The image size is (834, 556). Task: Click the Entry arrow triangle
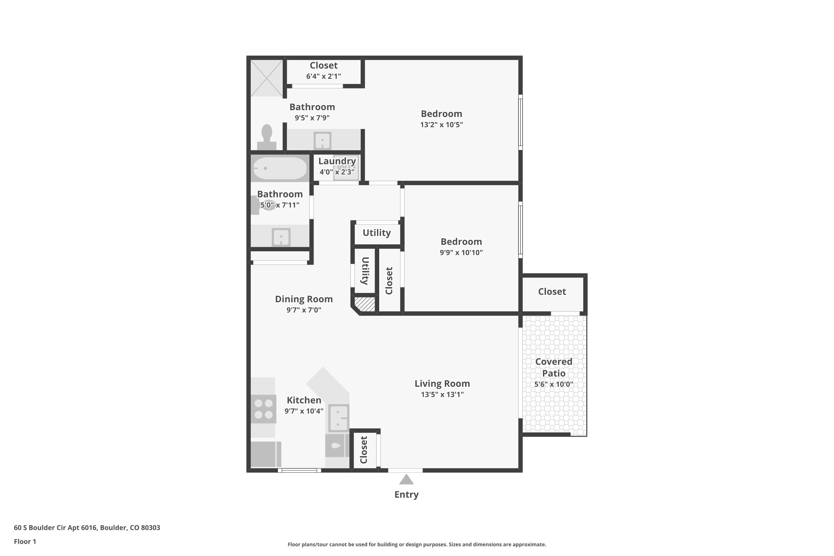point(406,480)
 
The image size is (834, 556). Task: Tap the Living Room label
point(442,384)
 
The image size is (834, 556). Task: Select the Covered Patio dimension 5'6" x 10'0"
point(553,384)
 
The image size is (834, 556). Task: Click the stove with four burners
point(264,409)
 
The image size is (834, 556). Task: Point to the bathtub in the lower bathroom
point(280,168)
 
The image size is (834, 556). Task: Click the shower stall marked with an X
point(267,78)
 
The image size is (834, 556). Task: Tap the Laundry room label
point(337,161)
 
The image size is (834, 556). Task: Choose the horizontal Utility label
point(377,233)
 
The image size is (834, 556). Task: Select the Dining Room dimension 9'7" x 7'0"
point(304,310)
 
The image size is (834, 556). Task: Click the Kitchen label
point(304,400)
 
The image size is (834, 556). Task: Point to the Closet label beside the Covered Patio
point(552,291)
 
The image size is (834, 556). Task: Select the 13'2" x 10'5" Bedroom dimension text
point(441,125)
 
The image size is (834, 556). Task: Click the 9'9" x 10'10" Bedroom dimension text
point(461,252)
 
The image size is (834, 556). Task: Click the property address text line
point(87,528)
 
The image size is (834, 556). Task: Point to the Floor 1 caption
point(25,542)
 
